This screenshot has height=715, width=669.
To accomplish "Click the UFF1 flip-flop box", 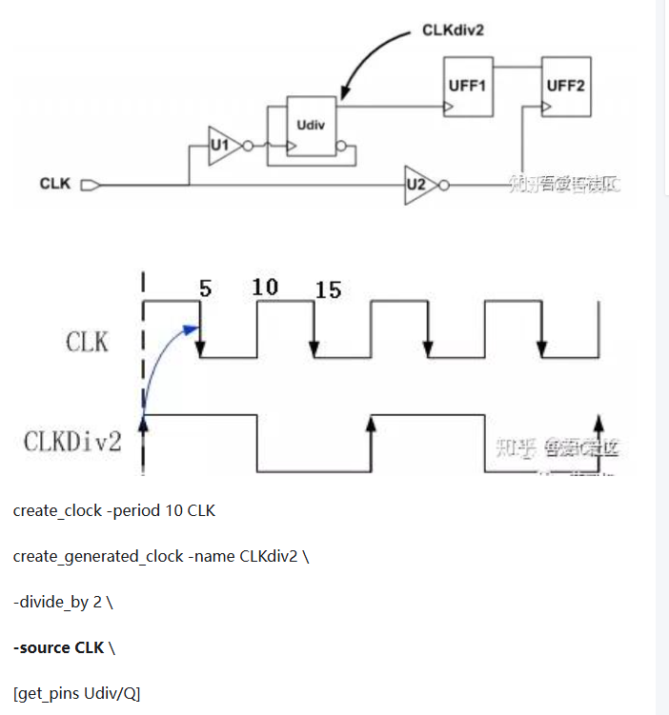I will point(467,87).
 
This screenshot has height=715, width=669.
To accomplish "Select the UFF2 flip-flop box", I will point(565,87).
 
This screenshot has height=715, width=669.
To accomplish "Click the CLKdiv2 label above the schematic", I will point(454,30).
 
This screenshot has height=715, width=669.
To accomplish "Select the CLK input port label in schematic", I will point(55,184).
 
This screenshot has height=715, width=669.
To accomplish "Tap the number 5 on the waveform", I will point(205,288).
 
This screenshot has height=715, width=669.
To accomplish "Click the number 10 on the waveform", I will point(266,287).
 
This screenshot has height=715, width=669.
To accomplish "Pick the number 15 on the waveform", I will point(328,289).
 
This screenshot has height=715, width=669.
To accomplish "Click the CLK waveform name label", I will point(88,341).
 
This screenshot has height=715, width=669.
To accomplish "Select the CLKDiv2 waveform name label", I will point(73,441).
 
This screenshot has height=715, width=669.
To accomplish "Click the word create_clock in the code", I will point(57,510).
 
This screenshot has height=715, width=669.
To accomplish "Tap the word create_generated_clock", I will point(98,556).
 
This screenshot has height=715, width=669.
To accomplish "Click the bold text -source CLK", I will point(57,647).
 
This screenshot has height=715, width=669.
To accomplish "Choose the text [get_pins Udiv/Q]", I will point(76,693).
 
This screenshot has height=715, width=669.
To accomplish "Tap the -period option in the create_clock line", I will point(133,510).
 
